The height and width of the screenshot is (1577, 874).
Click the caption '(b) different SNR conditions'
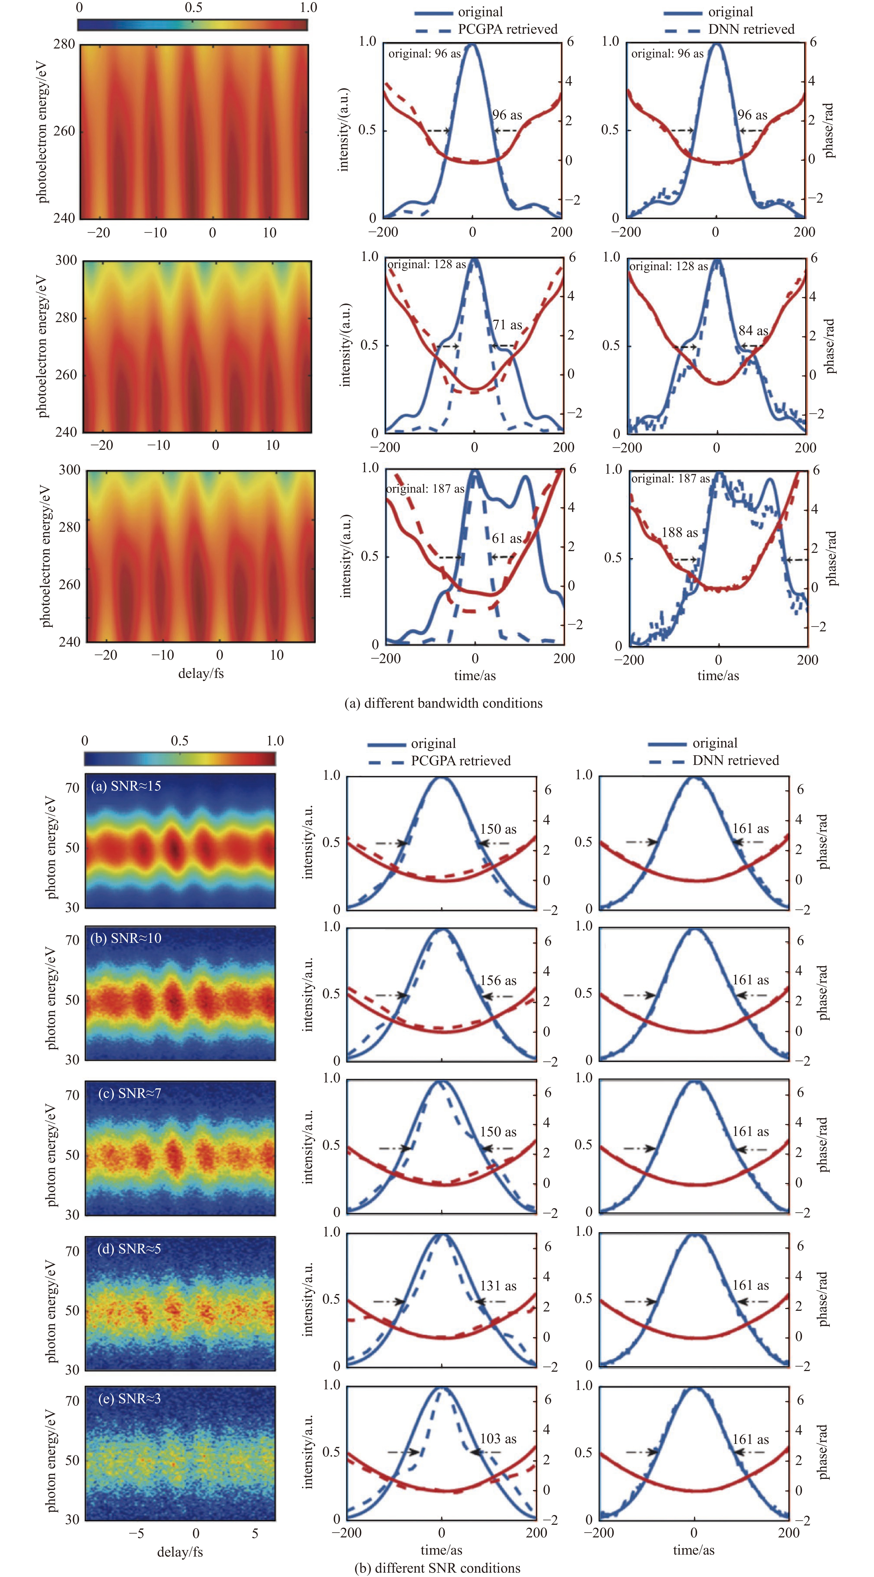pos(437,1568)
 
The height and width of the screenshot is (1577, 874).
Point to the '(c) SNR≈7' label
pos(130,1093)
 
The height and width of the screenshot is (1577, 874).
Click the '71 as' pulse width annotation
pos(507,325)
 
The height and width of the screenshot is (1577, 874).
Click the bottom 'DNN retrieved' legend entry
pos(736,760)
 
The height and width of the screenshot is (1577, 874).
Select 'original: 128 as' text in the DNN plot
pos(669,266)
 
